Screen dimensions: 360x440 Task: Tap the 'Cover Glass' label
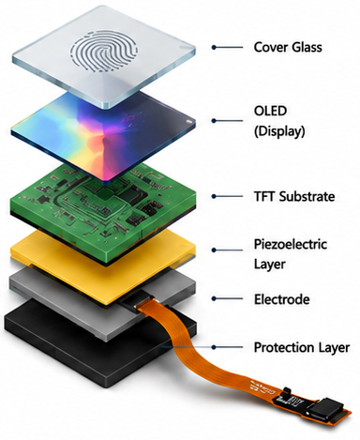[x=288, y=47]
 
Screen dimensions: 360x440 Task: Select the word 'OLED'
[x=270, y=111]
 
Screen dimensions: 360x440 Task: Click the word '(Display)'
[x=279, y=131]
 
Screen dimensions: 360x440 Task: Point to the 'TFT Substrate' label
[x=294, y=197]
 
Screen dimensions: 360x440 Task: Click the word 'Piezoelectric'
[x=291, y=244]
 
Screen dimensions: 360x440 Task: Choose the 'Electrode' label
[x=282, y=299]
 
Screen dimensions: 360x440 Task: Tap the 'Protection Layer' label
[x=302, y=347]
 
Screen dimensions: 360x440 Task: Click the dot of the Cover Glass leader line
[x=214, y=47]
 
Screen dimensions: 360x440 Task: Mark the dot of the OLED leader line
[x=214, y=121]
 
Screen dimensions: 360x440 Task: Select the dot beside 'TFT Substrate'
[x=214, y=196]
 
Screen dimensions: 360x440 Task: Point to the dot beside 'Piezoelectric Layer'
[x=214, y=250]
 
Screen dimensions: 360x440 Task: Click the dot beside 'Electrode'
[x=214, y=298]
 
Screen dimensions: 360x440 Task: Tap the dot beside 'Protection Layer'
[x=214, y=347]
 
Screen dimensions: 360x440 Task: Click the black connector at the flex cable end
[x=326, y=408]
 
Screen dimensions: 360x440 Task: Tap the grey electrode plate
[x=63, y=300]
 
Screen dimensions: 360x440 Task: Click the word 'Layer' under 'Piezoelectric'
[x=269, y=265]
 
